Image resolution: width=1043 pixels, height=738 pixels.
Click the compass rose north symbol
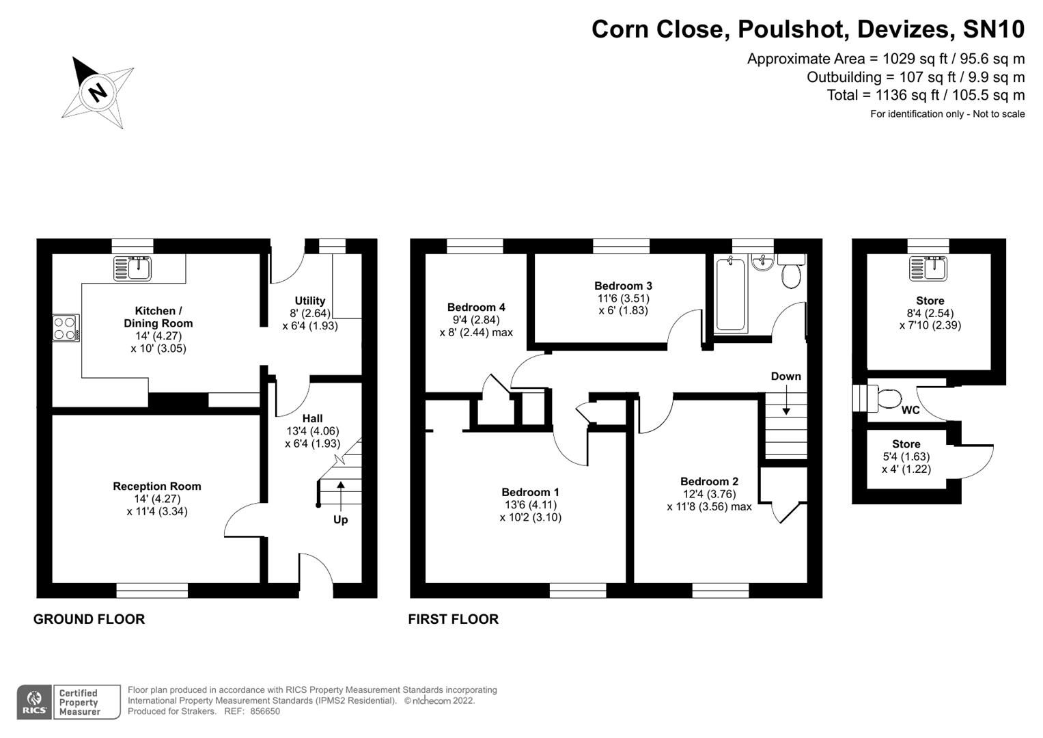pos(98,92)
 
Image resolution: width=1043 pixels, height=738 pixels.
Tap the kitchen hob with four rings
pos(66,327)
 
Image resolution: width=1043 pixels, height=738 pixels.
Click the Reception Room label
pos(157,487)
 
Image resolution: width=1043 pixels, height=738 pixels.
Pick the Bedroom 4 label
pos(476,307)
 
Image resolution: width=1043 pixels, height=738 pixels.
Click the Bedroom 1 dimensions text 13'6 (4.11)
pos(530,505)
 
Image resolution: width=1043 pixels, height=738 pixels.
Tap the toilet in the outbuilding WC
pos(887,398)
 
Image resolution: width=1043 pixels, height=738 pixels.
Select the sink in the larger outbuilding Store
pos(929,268)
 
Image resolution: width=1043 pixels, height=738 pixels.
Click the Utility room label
pos(310,301)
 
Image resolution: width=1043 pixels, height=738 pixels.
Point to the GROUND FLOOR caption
pos(89,619)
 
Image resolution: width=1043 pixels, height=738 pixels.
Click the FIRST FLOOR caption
pos(453,619)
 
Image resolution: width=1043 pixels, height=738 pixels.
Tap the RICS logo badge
pos(33,702)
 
